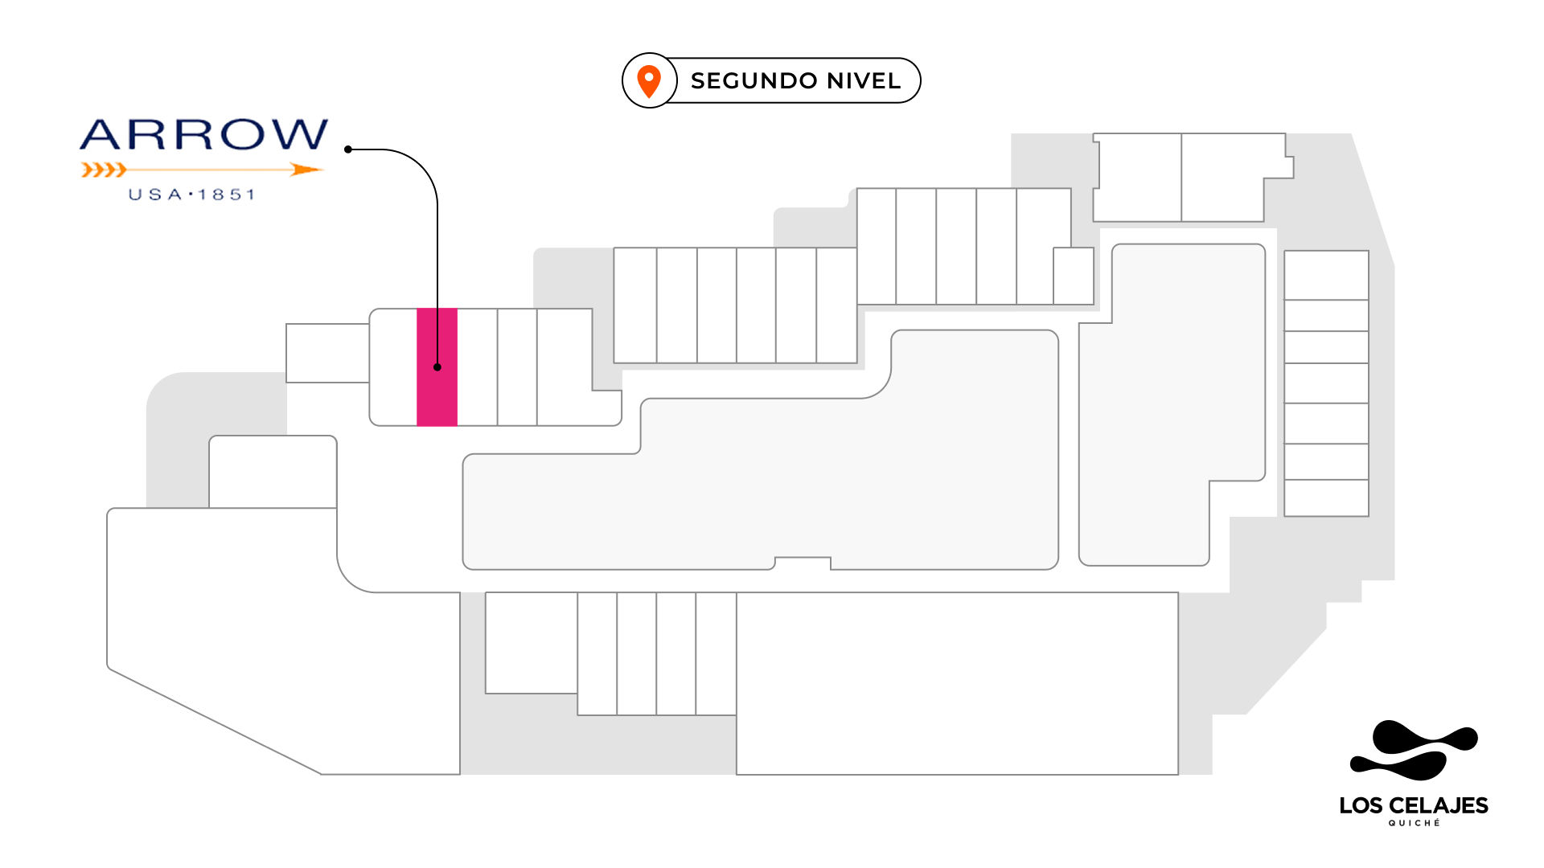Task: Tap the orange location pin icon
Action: [649, 81]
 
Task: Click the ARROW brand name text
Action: [204, 135]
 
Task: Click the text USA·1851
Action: [192, 194]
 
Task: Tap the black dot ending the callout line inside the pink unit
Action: [437, 367]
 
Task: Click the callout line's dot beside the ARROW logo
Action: [348, 149]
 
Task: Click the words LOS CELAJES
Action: [1414, 805]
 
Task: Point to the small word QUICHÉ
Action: [1414, 823]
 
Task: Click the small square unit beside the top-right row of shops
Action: [1074, 276]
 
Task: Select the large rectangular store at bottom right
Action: [957, 683]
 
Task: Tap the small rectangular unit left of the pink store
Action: [327, 353]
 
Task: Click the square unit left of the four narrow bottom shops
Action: [531, 642]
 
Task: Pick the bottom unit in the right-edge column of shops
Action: [1326, 497]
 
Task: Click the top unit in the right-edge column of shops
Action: [1326, 275]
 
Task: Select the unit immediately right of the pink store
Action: [477, 367]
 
